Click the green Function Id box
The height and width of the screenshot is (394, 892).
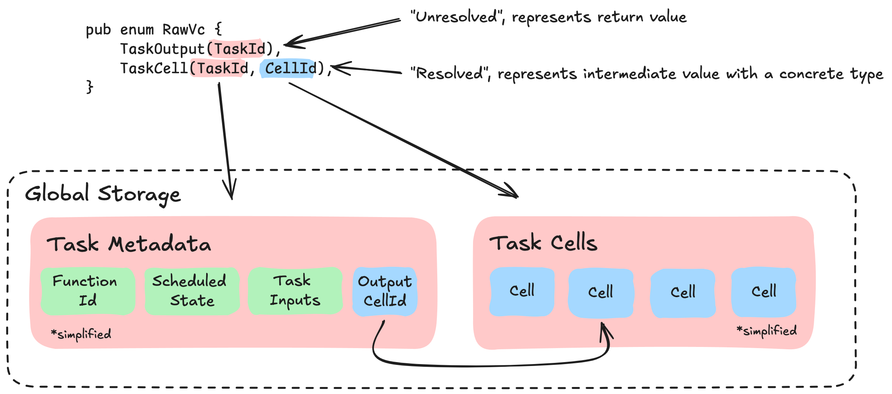88,291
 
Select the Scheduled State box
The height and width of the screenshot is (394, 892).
192,291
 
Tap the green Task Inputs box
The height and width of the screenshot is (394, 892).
295,291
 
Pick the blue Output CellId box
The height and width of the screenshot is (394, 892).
385,291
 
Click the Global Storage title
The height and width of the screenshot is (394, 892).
103,194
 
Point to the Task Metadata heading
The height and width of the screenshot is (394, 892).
129,244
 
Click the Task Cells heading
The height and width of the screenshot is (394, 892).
543,243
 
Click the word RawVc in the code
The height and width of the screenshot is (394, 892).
184,30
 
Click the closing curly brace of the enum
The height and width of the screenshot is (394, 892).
90,87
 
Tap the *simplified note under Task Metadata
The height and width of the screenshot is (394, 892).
81,334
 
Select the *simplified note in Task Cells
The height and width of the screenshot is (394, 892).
766,331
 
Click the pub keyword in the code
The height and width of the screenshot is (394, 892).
98,30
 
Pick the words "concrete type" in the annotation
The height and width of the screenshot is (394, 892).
831,74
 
